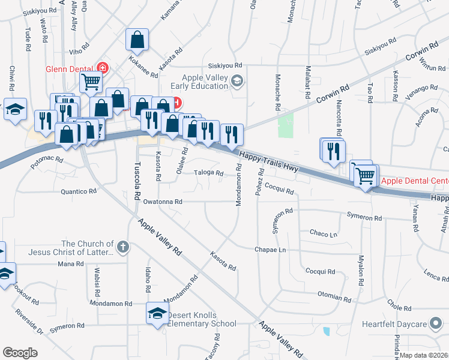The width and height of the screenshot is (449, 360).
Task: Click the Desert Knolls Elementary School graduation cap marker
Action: click(157, 314)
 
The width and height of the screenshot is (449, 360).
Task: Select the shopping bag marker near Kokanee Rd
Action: click(137, 40)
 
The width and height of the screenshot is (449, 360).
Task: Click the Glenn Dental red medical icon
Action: click(103, 68)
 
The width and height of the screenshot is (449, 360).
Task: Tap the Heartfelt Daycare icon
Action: click(436, 324)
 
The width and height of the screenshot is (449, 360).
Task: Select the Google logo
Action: click(20, 352)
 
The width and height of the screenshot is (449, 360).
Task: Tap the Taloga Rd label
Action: click(208, 174)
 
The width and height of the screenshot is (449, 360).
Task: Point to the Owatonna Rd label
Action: click(162, 202)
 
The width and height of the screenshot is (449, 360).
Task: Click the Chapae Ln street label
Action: click(268, 249)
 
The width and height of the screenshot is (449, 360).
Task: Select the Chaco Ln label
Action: click(322, 233)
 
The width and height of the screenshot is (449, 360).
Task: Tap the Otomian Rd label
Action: click(334, 298)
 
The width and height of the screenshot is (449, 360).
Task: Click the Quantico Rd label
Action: click(79, 192)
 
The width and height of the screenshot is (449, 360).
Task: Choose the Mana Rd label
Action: click(71, 264)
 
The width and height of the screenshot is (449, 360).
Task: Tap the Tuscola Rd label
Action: click(137, 180)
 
